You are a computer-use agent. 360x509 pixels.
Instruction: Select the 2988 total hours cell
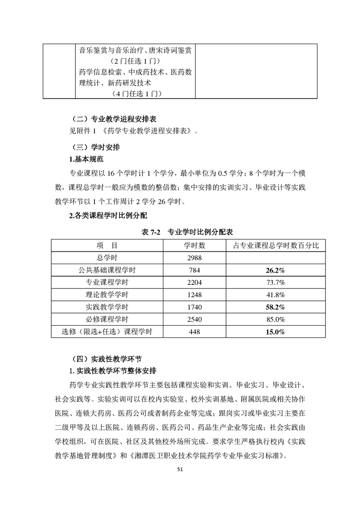click(194, 258)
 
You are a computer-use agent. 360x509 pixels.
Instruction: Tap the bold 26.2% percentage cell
click(276, 270)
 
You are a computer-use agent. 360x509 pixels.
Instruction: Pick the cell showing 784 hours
click(194, 270)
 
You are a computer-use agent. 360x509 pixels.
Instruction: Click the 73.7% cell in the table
click(276, 282)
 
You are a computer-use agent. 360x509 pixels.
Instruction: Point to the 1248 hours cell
click(194, 294)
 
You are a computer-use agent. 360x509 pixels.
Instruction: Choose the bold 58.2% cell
click(276, 307)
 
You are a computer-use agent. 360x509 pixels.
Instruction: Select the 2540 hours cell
click(194, 319)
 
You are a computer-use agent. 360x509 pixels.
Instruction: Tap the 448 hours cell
click(194, 332)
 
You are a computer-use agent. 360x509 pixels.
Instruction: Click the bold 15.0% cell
click(276, 332)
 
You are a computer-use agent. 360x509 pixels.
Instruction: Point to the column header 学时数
click(194, 245)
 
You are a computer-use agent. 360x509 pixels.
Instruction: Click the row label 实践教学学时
click(107, 307)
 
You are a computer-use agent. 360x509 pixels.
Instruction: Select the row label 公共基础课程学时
click(107, 270)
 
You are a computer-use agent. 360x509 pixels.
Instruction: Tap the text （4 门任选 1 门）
click(136, 94)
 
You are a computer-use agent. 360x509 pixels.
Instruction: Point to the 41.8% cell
click(276, 294)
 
